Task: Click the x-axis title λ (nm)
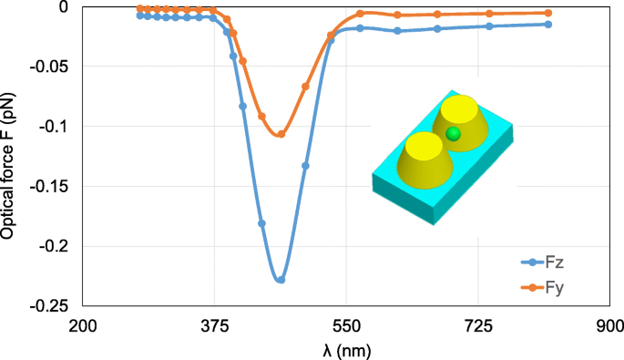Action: point(346,348)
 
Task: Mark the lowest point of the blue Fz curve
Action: point(281,280)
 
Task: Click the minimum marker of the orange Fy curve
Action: point(281,134)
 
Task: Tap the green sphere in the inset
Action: point(453,135)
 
